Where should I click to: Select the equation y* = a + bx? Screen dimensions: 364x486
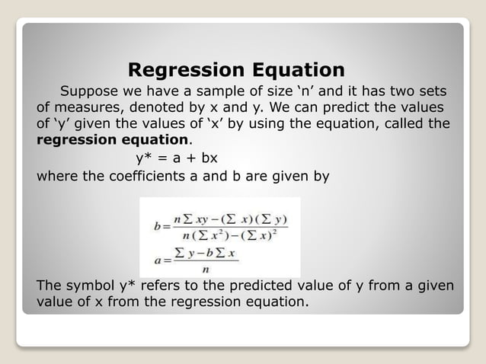pos(171,159)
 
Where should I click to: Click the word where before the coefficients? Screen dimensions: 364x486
pos(56,177)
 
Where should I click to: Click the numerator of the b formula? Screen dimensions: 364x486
pos(231,219)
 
